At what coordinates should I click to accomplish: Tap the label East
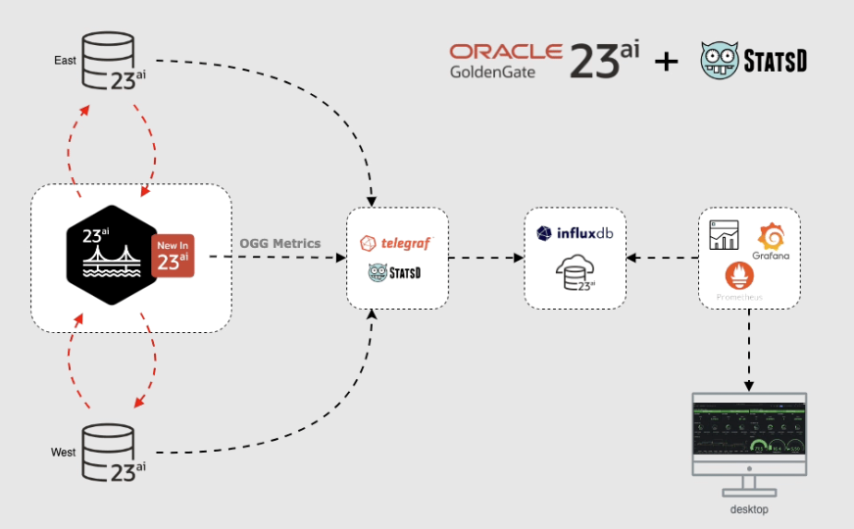tap(66, 61)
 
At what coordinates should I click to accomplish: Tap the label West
tap(64, 453)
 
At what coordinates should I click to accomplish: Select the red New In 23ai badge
tap(172, 256)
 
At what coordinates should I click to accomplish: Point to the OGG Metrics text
tap(280, 243)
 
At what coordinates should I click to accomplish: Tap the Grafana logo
tap(773, 240)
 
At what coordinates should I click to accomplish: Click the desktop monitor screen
tap(749, 427)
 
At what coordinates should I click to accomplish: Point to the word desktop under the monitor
tap(749, 509)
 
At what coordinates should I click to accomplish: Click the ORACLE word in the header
tap(506, 52)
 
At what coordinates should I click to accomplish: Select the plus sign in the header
tap(666, 62)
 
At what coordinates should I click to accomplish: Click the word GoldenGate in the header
tap(493, 72)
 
